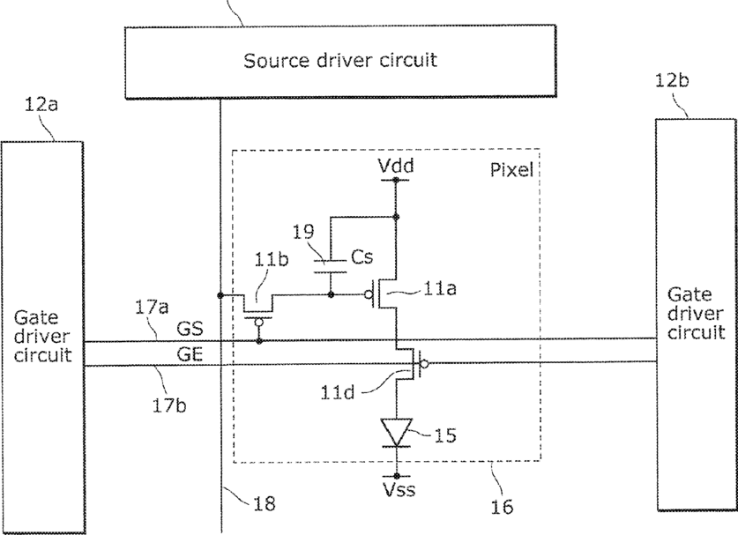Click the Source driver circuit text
pyautogui.click(x=340, y=61)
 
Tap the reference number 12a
pyautogui.click(x=41, y=104)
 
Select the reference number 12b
pyautogui.click(x=672, y=80)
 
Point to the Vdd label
pyautogui.click(x=396, y=166)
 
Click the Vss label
pyautogui.click(x=399, y=490)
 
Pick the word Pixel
pyautogui.click(x=511, y=169)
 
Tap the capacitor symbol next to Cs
pyautogui.click(x=331, y=266)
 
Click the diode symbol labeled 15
pyautogui.click(x=396, y=433)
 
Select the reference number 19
pyautogui.click(x=303, y=232)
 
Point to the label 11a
pyautogui.click(x=440, y=288)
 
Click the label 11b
pyautogui.click(x=271, y=260)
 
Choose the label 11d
pyautogui.click(x=337, y=392)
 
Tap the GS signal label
pyautogui.click(x=190, y=329)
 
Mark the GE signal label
pyautogui.click(x=190, y=353)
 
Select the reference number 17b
pyautogui.click(x=168, y=405)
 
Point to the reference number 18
pyautogui.click(x=264, y=504)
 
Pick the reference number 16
pyautogui.click(x=502, y=507)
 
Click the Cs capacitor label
pyautogui.click(x=362, y=256)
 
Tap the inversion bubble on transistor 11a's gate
pyautogui.click(x=369, y=295)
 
